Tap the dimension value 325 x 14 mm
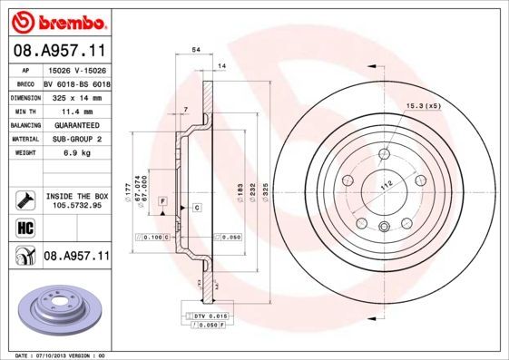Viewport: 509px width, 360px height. click(74, 95)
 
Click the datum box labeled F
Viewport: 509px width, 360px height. click(162, 200)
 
